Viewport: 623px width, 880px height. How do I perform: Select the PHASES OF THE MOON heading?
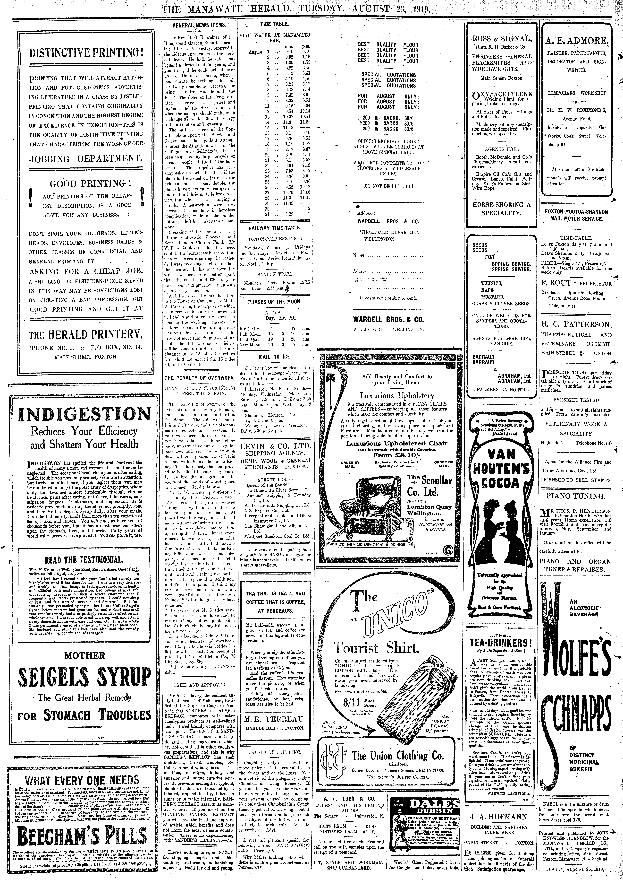click(274, 302)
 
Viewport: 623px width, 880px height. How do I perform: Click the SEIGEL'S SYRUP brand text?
click(85, 677)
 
